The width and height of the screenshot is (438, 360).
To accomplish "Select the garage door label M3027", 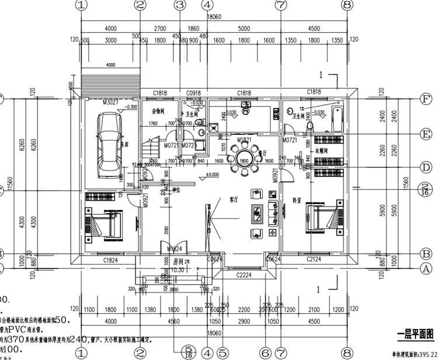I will [x=111, y=103].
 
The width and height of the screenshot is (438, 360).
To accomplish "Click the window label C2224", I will [x=244, y=274].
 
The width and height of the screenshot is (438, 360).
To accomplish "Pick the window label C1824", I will [x=112, y=260].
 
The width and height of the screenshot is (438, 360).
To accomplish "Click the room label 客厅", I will [x=234, y=199].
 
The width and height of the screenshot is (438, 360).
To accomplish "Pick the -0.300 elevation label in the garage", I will [x=131, y=107].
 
